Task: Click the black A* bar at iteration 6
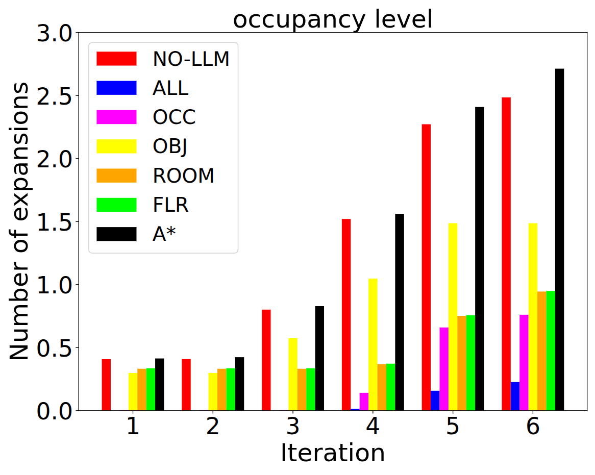pyautogui.click(x=559, y=240)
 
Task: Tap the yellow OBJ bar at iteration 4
pyautogui.click(x=373, y=344)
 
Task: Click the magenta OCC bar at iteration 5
pyautogui.click(x=444, y=369)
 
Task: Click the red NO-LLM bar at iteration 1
pyautogui.click(x=106, y=385)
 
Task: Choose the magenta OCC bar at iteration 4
pyautogui.click(x=364, y=402)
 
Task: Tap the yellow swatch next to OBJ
pyautogui.click(x=117, y=146)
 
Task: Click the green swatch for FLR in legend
pyautogui.click(x=117, y=205)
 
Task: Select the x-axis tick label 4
pyautogui.click(x=373, y=427)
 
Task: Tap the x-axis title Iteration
pyautogui.click(x=333, y=453)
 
